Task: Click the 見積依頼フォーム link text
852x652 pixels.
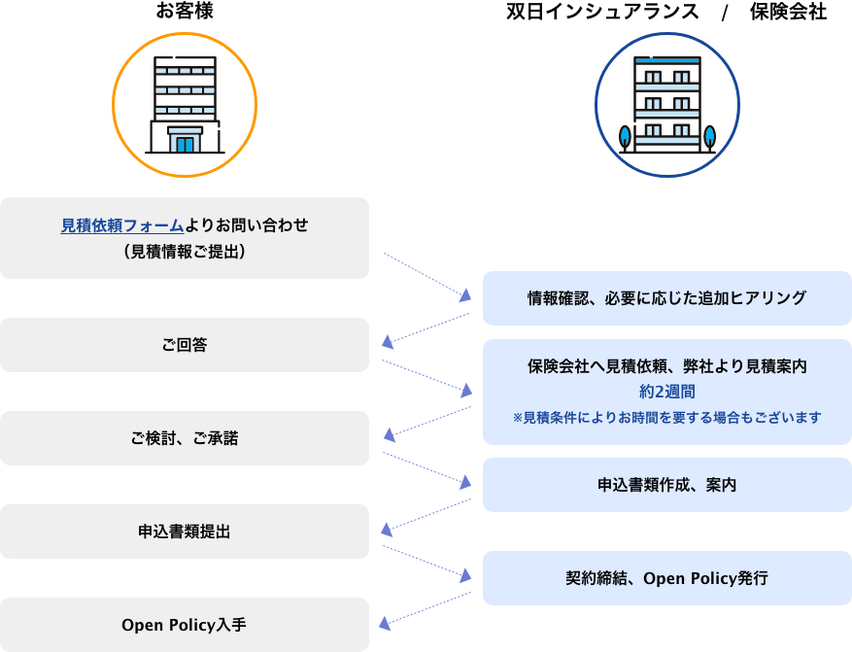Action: point(122,225)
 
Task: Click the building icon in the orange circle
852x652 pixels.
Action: point(185,104)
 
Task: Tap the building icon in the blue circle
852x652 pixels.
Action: point(666,104)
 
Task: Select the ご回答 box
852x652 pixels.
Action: point(185,345)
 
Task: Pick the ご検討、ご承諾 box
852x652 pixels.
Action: point(185,438)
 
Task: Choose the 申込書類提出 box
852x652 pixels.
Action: point(185,532)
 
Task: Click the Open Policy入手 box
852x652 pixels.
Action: point(185,625)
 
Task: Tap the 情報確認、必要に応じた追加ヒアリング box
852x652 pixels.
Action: point(666,298)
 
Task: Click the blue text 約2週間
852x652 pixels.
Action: point(666,392)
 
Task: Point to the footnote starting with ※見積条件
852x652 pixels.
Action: point(666,417)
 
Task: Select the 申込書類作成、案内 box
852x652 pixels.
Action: point(666,485)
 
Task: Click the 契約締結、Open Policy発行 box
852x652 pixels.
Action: point(666,578)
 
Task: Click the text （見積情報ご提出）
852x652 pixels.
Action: point(185,251)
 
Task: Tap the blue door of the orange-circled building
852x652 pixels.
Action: point(185,144)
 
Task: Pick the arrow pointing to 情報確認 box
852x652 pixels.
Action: point(427,275)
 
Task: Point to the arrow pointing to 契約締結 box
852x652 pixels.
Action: point(427,562)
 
